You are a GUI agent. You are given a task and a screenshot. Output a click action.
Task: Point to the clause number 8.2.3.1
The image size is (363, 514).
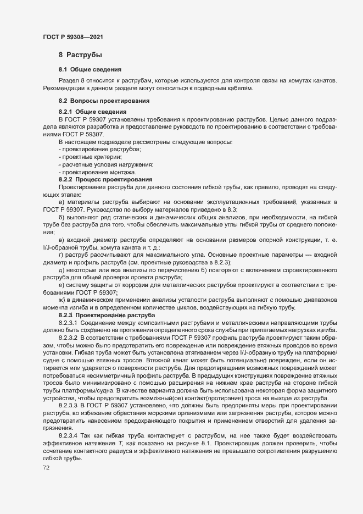[x=70, y=323]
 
